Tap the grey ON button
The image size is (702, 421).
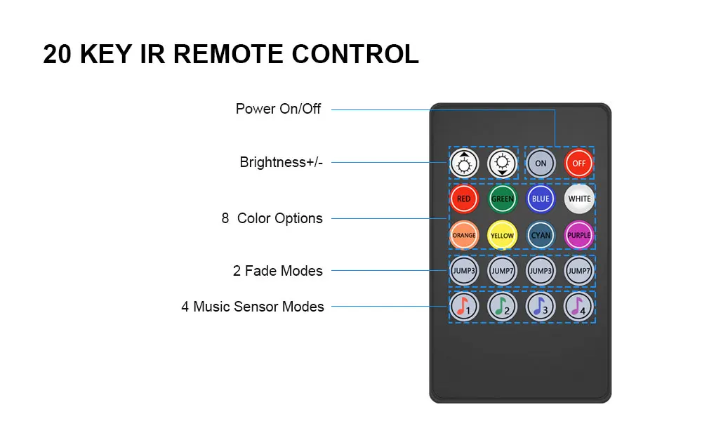coord(541,163)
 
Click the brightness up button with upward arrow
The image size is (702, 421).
coord(464,163)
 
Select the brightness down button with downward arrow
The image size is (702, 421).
coord(503,163)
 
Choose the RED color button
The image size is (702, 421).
coord(464,199)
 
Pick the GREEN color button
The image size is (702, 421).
coord(503,199)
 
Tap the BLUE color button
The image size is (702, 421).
coord(541,199)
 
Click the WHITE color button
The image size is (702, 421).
coord(579,199)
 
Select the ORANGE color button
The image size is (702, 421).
coord(464,235)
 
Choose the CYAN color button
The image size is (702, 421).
coord(541,235)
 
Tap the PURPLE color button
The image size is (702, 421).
coord(579,235)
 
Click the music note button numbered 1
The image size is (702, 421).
coord(464,307)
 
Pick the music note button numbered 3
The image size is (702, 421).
coord(541,307)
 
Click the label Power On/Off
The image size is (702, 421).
coord(278,109)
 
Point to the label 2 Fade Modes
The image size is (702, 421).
coord(277,271)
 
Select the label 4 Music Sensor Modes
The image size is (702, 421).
coord(253,307)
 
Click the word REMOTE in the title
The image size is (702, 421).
coord(228,54)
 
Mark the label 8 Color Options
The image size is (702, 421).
coord(272,218)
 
